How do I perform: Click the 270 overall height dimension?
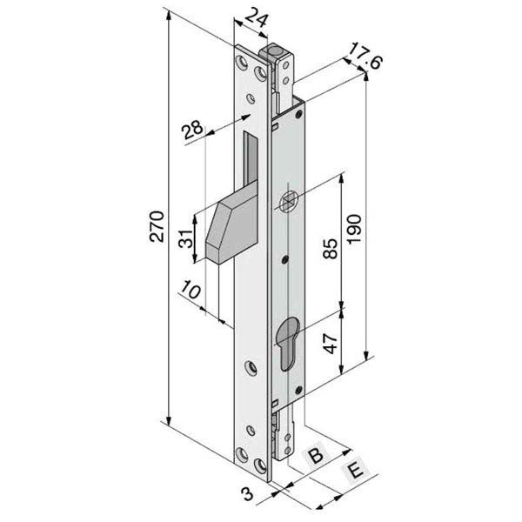click(157, 226)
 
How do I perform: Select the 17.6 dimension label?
click(365, 56)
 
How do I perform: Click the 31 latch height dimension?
click(186, 238)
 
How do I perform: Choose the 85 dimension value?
click(331, 248)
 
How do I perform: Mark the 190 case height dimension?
click(354, 229)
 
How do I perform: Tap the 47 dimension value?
click(331, 344)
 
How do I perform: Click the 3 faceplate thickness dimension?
click(248, 493)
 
